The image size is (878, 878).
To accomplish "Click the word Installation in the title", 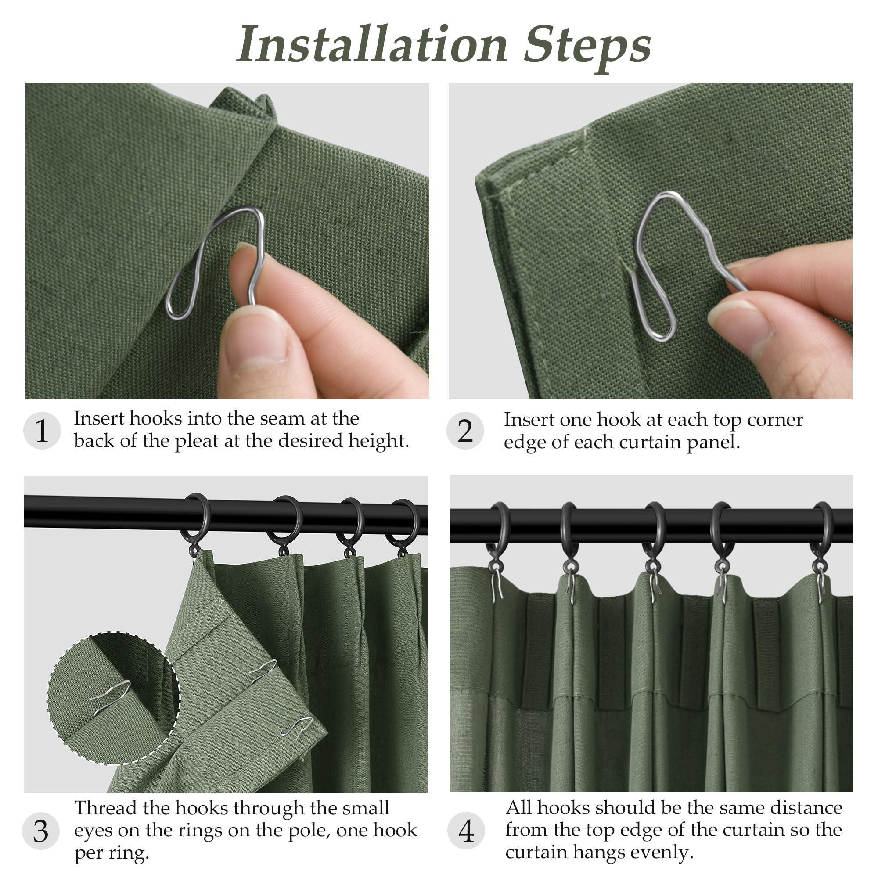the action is click(372, 44).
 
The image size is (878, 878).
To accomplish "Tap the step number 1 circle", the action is click(42, 431).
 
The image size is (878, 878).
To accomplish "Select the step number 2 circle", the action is click(465, 431).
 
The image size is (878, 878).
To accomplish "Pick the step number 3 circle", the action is click(41, 831).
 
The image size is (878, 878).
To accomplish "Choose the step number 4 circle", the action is click(466, 831).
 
